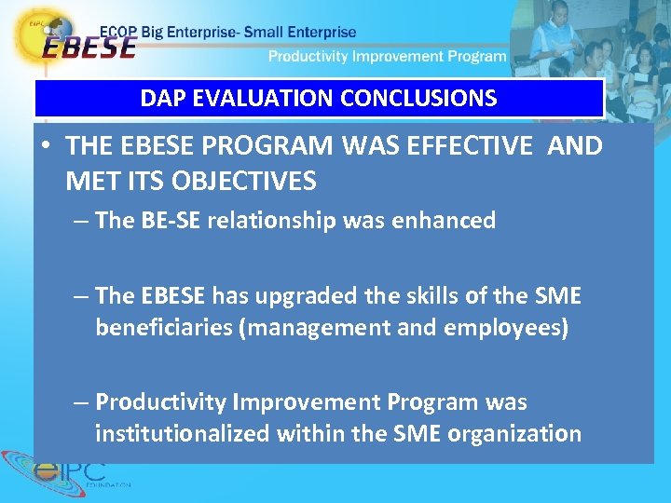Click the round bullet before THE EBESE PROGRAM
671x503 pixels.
click(46, 147)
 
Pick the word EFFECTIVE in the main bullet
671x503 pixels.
click(486, 146)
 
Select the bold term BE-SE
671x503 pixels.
click(169, 221)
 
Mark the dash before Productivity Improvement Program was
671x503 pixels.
click(82, 402)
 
